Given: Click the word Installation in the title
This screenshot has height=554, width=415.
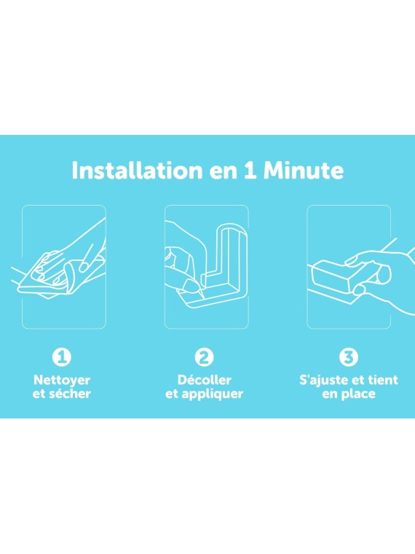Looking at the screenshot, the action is click(x=137, y=171).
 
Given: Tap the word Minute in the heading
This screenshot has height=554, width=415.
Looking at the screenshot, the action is click(x=303, y=171).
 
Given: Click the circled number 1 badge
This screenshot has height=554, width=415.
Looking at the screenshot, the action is click(x=62, y=357).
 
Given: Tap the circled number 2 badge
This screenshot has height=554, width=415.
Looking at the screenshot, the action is click(x=205, y=357).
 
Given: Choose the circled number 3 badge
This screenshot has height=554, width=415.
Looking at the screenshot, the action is click(x=349, y=357).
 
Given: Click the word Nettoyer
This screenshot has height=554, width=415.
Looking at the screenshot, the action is click(x=62, y=381).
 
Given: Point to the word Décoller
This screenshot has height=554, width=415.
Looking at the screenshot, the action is click(x=205, y=380).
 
